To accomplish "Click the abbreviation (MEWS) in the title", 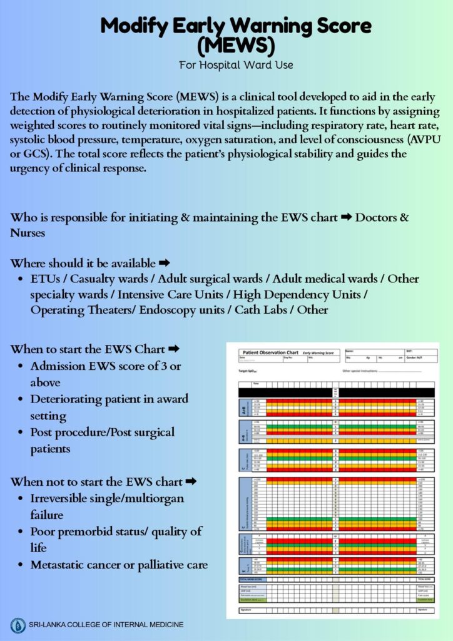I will (236, 46).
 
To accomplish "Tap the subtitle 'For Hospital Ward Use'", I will (236, 65).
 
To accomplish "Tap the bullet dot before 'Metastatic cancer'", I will (21, 565).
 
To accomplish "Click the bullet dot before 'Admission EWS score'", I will (21, 366).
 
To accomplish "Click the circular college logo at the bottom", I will (18, 625).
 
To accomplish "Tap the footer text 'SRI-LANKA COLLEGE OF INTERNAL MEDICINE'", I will (106, 625).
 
